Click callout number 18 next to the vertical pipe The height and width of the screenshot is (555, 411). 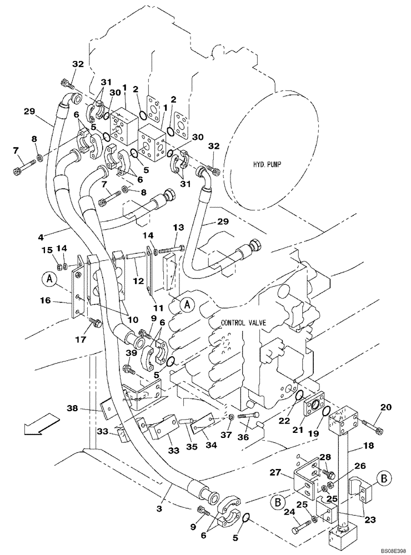coord(368,446)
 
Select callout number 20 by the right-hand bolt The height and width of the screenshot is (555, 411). coord(387,407)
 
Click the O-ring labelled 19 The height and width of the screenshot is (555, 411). coord(327,412)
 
